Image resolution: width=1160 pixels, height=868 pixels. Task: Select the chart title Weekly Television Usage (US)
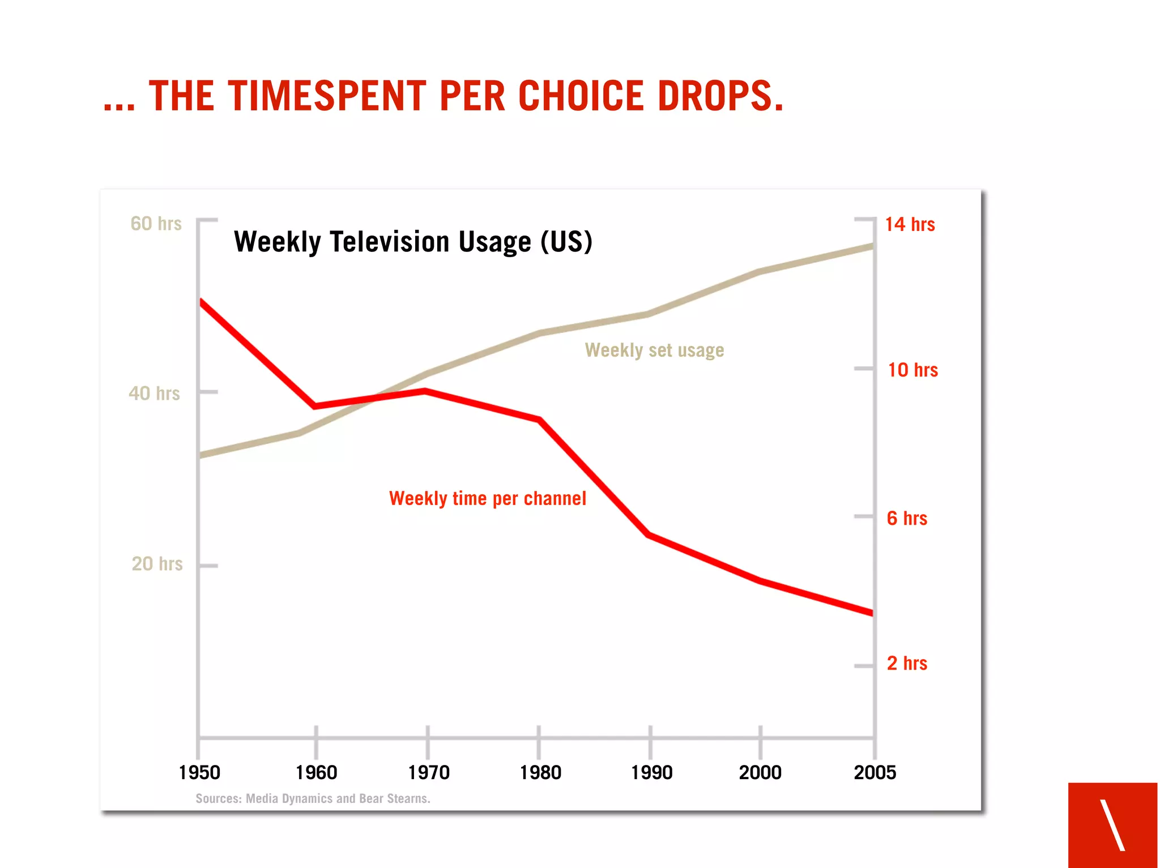coord(413,242)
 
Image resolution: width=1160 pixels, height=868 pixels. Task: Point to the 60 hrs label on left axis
coord(156,224)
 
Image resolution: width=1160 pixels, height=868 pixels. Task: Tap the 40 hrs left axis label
coord(154,394)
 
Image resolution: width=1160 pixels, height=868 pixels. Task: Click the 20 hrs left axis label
coord(157,564)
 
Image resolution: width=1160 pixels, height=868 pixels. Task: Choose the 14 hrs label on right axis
coord(910,224)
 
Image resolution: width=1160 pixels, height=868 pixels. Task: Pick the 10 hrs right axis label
coord(912,370)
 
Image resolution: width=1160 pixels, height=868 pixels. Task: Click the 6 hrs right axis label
coord(907,518)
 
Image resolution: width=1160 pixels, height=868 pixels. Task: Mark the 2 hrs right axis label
coord(907,664)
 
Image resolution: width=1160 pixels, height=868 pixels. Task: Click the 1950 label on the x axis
coord(199,773)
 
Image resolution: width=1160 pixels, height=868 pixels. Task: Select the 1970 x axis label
coord(429,773)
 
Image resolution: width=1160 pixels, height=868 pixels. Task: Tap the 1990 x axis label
coord(652,773)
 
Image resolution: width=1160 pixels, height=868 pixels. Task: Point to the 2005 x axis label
coord(875,773)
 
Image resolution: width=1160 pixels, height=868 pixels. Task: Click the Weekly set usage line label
coord(654,350)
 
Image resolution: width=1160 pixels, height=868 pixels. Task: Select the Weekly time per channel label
coord(487,499)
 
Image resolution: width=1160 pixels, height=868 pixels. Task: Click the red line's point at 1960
coord(315,406)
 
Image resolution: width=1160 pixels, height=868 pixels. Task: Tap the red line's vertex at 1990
coord(649,535)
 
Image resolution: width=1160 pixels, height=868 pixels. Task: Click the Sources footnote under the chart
coord(313,799)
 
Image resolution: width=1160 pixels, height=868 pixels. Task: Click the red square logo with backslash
coord(1112,824)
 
